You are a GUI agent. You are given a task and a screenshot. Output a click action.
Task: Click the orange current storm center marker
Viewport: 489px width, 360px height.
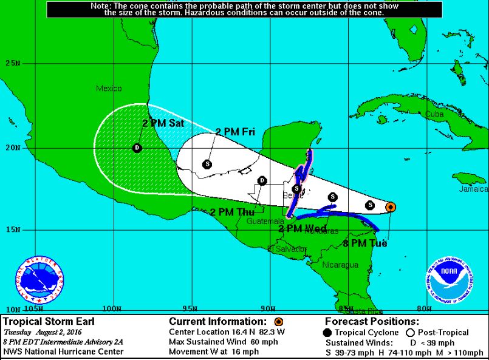(x=391, y=207)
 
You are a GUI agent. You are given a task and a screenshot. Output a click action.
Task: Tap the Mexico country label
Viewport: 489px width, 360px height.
(x=109, y=89)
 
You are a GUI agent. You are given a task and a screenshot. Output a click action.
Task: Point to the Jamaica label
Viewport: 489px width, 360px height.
(x=474, y=189)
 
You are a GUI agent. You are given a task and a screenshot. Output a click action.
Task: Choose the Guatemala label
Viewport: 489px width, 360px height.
(x=262, y=222)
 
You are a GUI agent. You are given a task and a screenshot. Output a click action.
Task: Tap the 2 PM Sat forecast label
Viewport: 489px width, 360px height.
(x=163, y=123)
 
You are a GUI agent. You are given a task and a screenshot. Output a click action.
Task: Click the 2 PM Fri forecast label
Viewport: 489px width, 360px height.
(x=236, y=132)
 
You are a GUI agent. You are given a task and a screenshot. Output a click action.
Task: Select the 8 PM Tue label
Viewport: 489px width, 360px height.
(x=365, y=243)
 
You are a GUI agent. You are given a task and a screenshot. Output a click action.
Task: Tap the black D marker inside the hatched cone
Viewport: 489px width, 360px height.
(x=137, y=148)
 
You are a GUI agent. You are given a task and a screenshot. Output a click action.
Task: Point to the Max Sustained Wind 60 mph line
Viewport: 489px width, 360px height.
(x=218, y=342)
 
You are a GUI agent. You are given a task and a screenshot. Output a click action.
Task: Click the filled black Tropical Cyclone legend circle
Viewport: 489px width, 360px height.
(x=328, y=332)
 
